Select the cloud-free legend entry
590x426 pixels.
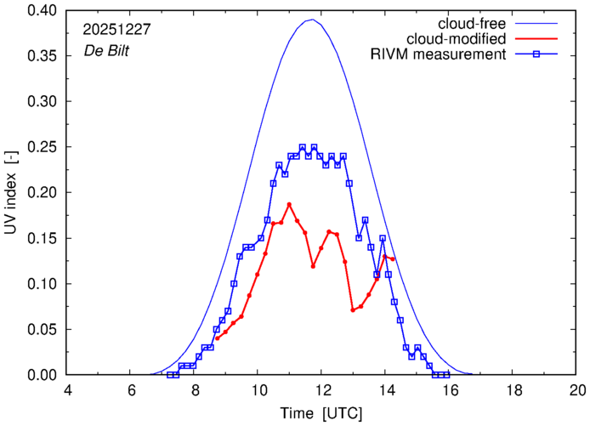(x=467, y=22)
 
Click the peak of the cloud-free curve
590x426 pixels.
(x=312, y=20)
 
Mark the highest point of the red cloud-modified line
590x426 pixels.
(x=289, y=204)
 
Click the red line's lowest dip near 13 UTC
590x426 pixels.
(x=353, y=310)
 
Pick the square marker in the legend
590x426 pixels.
(x=536, y=55)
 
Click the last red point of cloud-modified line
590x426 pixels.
(x=392, y=258)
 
